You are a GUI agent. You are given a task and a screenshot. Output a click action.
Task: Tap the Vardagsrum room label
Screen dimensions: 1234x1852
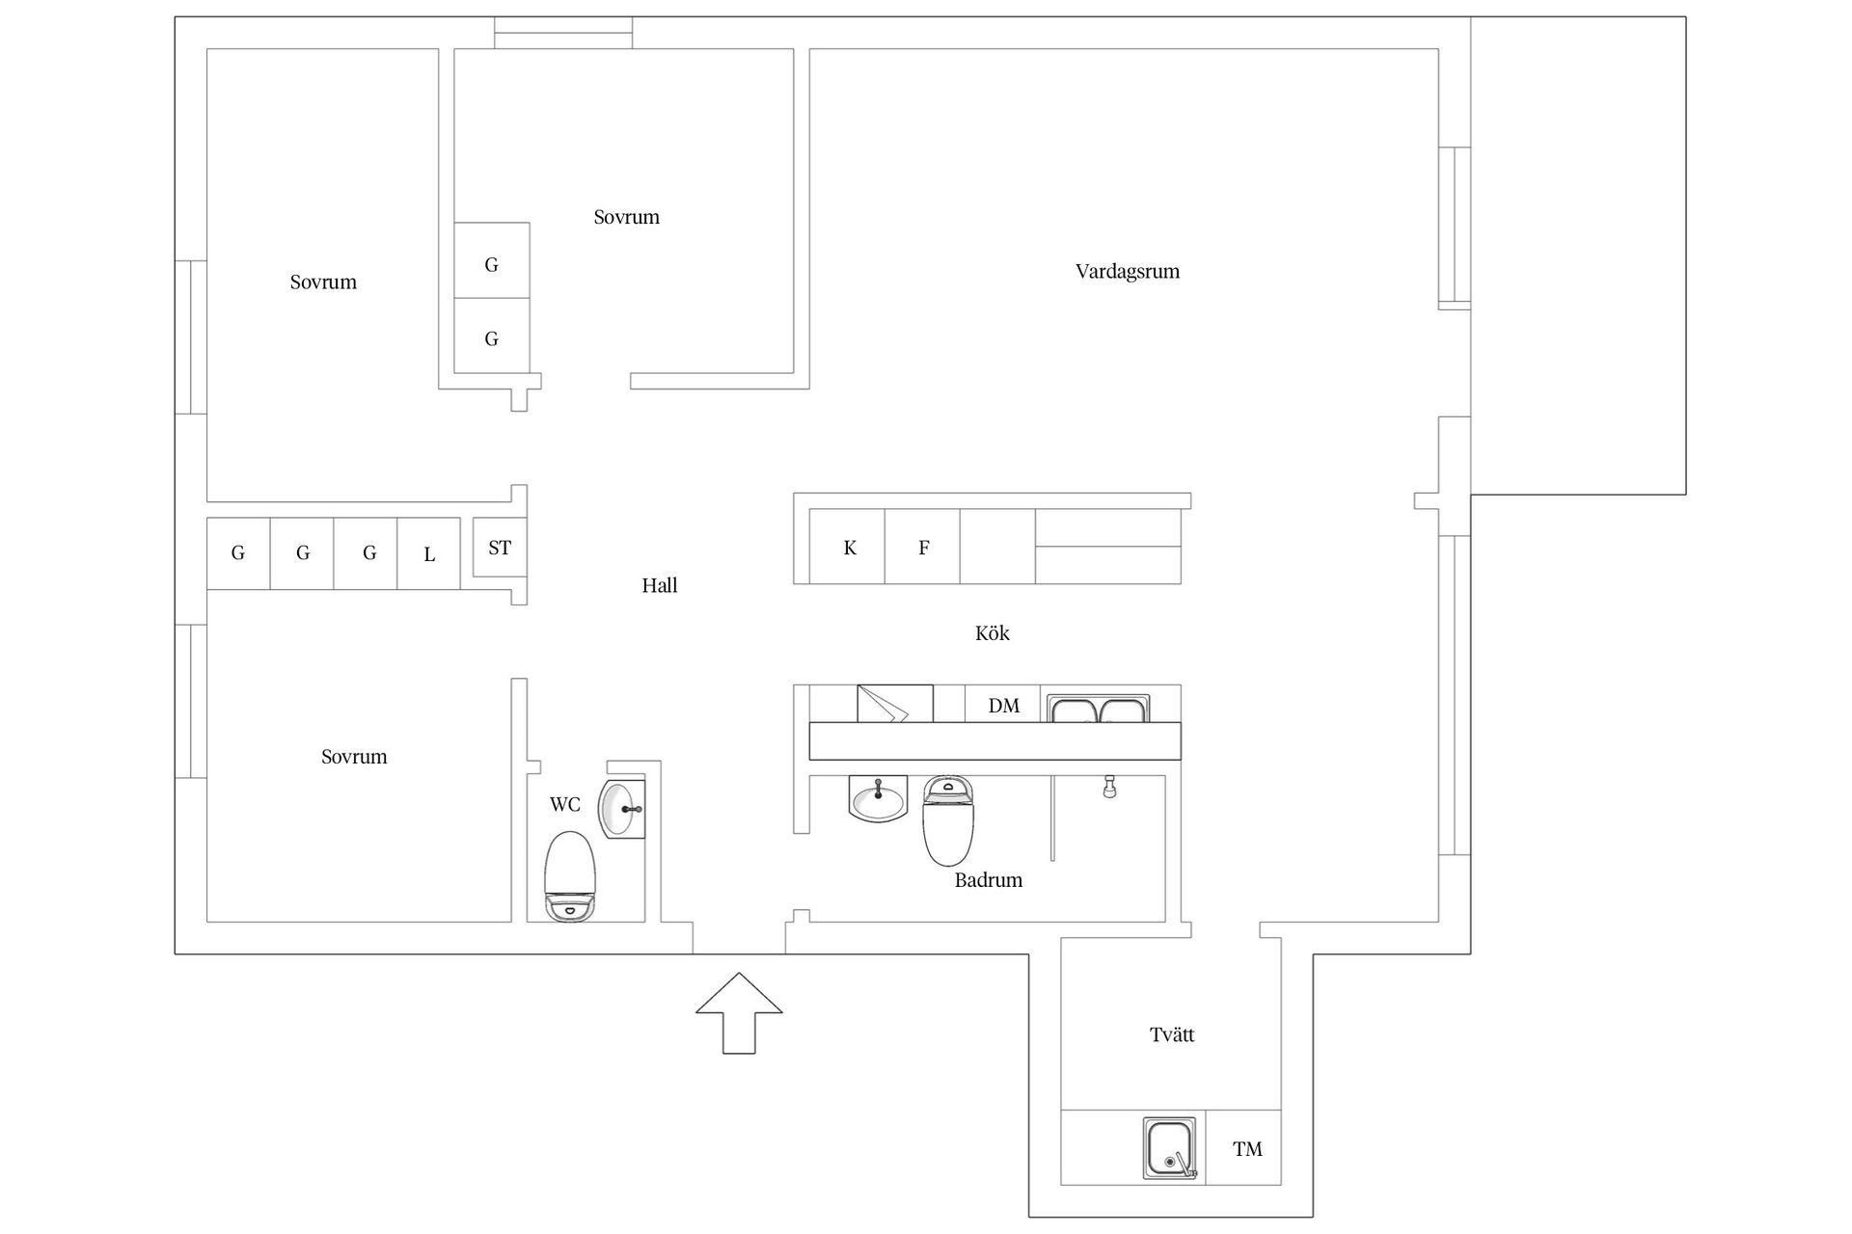1128,271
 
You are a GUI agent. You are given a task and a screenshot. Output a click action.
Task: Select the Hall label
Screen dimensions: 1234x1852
660,585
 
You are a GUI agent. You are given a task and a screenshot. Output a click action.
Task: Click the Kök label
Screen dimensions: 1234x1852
992,633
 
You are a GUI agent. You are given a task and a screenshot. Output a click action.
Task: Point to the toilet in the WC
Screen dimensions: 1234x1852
570,875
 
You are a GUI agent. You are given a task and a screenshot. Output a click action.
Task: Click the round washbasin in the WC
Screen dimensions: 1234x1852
618,808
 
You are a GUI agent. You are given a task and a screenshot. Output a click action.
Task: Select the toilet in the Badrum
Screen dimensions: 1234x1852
948,820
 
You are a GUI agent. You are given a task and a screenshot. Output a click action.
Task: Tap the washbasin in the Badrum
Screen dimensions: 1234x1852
878,798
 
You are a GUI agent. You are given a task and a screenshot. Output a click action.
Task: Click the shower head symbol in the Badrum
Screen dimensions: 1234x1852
1110,787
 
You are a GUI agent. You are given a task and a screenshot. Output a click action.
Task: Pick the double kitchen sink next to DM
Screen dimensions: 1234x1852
1100,710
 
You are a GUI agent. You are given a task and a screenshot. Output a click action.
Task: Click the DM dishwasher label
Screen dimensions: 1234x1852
1003,706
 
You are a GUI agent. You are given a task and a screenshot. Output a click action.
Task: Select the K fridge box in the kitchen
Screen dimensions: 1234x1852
848,548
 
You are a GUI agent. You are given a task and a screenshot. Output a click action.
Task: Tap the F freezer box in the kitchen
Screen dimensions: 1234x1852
923,548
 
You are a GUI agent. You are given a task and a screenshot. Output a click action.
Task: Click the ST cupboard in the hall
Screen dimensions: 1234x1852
499,548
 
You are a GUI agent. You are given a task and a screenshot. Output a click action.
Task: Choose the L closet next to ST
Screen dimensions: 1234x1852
429,553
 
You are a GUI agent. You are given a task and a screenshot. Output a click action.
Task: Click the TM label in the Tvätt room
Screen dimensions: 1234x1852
1247,1149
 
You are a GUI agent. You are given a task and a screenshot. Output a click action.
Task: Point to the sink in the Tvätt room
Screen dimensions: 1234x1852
1170,1148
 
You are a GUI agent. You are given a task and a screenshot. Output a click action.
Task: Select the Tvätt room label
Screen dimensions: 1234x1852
1172,1035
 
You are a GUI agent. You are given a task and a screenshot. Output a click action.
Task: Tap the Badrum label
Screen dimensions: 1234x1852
988,880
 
